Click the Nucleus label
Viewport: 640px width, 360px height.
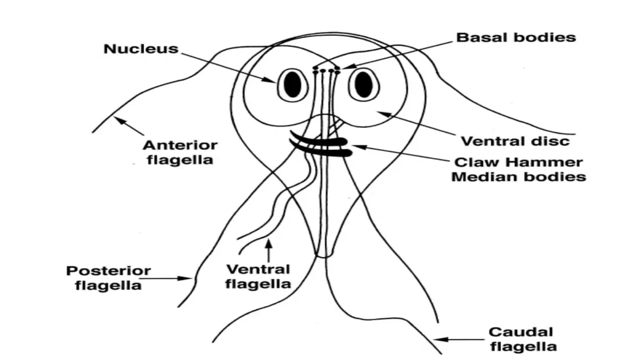pos(141,49)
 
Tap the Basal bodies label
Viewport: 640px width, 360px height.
pos(516,37)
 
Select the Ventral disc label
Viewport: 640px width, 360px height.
pos(515,141)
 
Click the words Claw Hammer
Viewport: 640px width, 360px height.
pos(518,162)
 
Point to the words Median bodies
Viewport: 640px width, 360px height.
pos(518,177)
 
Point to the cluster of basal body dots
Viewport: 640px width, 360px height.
pos(326,70)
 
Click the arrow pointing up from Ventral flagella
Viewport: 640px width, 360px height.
pos(269,251)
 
